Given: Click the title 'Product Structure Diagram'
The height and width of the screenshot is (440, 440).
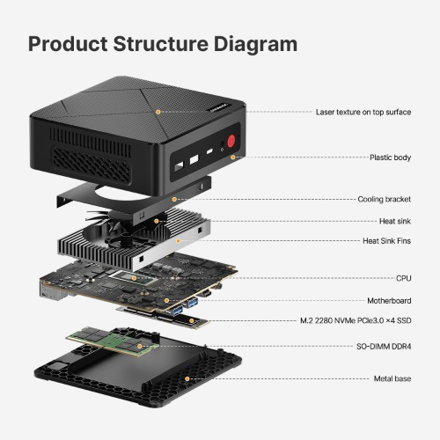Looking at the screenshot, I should pyautogui.click(x=163, y=44).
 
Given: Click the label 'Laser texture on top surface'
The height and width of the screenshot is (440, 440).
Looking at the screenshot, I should pyautogui.click(x=363, y=112).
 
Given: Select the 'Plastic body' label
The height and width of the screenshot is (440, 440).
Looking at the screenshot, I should pyautogui.click(x=390, y=158).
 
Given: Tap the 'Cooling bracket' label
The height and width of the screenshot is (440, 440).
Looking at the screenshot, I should pyautogui.click(x=385, y=199).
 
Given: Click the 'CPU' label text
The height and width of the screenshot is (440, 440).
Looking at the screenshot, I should pyautogui.click(x=404, y=277).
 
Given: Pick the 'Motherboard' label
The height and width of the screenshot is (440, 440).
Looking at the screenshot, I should pyautogui.click(x=389, y=300).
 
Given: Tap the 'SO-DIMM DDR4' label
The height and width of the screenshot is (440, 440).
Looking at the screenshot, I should pyautogui.click(x=383, y=348).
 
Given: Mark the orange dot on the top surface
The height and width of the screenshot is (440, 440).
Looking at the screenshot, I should pyautogui.click(x=158, y=112).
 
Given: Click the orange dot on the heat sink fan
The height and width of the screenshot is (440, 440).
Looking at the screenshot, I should pyautogui.click(x=157, y=220).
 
